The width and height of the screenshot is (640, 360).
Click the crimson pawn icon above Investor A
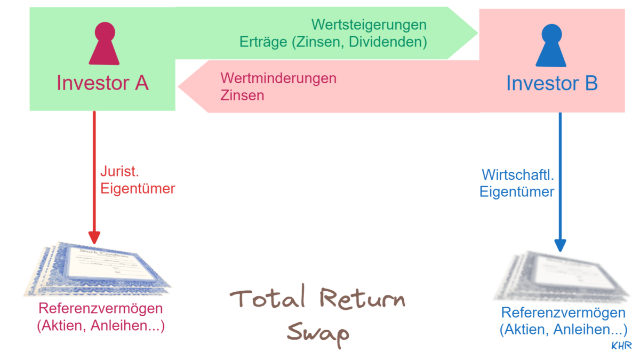[x=101, y=45]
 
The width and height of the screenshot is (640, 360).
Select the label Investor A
[x=102, y=83]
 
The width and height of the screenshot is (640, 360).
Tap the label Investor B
[x=551, y=84]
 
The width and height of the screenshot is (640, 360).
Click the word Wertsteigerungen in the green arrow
[x=369, y=25]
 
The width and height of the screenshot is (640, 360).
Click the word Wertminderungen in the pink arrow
[x=278, y=78]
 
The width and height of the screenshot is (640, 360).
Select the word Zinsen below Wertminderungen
[x=242, y=96]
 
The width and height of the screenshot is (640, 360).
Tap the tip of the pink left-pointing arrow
[x=180, y=86]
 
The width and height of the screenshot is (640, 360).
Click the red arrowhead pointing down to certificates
[x=94, y=237]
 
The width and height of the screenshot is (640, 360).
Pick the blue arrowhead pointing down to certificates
[x=559, y=244]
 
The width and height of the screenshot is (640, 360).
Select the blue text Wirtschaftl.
[x=515, y=174]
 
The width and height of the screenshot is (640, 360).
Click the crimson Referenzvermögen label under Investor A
[x=101, y=309]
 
